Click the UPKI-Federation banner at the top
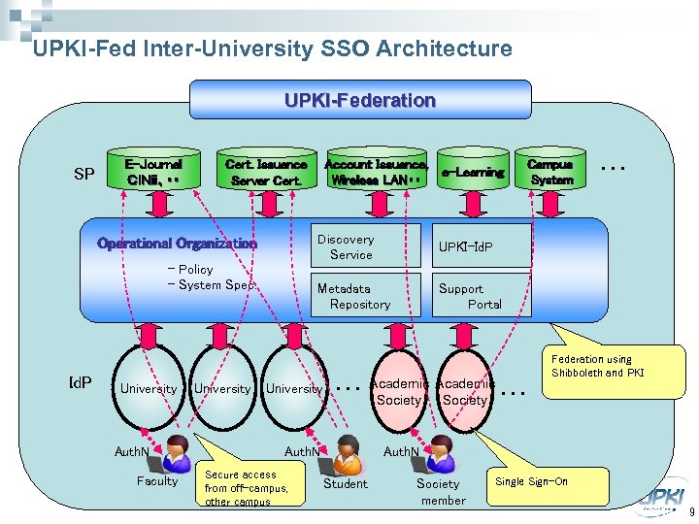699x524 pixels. pyautogui.click(x=360, y=100)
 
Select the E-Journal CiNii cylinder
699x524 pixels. pyautogui.click(x=153, y=171)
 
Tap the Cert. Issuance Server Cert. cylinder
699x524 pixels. pyautogui.click(x=265, y=172)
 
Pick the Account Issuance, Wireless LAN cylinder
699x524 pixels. pyautogui.click(x=376, y=172)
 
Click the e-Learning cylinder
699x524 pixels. pyautogui.click(x=473, y=172)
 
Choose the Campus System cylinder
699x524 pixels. pyautogui.click(x=551, y=172)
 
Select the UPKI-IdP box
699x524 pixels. pyautogui.click(x=481, y=246)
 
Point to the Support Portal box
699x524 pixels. pyautogui.click(x=481, y=296)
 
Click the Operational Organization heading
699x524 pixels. pyautogui.click(x=177, y=244)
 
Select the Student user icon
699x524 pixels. pyautogui.click(x=347, y=452)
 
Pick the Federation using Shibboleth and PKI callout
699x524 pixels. pyautogui.click(x=597, y=366)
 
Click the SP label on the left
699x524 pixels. pyautogui.click(x=84, y=175)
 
